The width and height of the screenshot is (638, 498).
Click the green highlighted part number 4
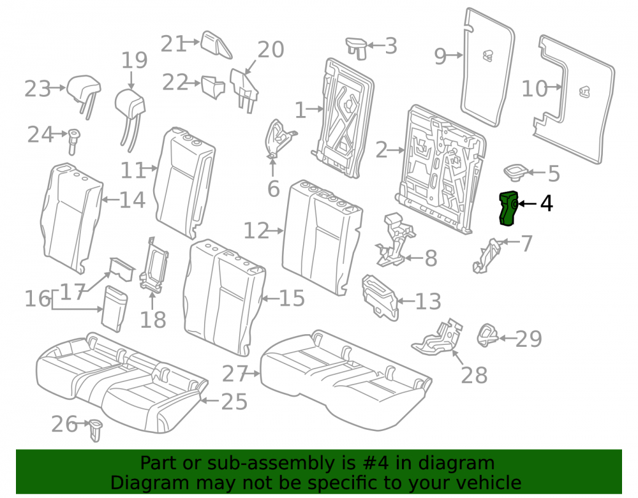click(508, 208)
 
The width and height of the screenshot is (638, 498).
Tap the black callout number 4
click(547, 203)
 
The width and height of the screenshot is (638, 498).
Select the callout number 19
click(134, 61)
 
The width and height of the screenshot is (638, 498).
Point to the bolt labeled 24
click(73, 141)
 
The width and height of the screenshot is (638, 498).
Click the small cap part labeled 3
click(357, 48)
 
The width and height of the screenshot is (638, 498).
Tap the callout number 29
click(528, 339)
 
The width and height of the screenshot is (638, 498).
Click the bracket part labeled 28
click(438, 337)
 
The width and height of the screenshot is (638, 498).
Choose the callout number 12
click(256, 231)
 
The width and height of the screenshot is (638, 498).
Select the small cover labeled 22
click(214, 87)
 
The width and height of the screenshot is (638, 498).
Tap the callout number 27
click(235, 374)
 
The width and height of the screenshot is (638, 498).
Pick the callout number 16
click(38, 299)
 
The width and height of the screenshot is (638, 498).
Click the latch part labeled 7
click(487, 256)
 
